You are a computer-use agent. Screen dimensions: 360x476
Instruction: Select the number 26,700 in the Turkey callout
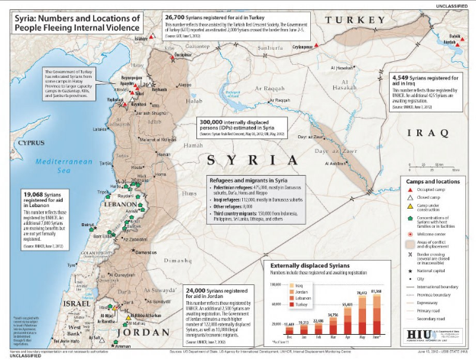pos(176,15)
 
